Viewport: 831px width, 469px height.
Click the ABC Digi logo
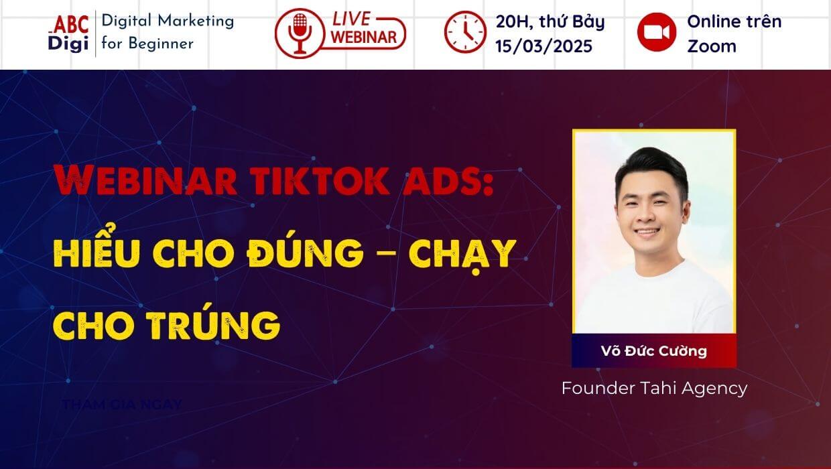pyautogui.click(x=68, y=33)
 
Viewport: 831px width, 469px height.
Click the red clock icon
pyautogui.click(x=465, y=33)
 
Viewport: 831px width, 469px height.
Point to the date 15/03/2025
pyautogui.click(x=544, y=46)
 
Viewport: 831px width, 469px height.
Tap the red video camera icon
pyautogui.click(x=657, y=33)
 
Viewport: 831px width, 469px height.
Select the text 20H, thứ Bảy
pyautogui.click(x=550, y=21)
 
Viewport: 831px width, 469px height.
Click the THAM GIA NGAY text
pyautogui.click(x=121, y=405)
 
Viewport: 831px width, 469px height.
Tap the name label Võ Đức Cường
pyautogui.click(x=653, y=350)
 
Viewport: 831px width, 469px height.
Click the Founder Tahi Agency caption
pyautogui.click(x=653, y=388)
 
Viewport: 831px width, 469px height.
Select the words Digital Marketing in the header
pyautogui.click(x=168, y=21)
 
